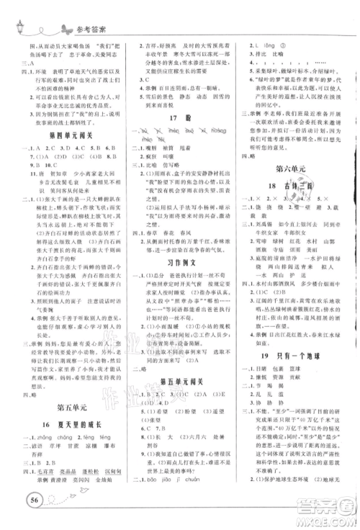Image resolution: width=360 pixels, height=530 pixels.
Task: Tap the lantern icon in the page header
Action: [x=19, y=27]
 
